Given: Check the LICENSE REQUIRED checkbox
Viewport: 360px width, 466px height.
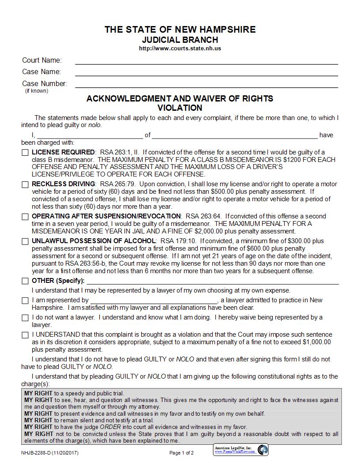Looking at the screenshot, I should (25, 153).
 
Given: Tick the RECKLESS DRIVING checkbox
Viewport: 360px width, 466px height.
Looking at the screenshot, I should (25, 184).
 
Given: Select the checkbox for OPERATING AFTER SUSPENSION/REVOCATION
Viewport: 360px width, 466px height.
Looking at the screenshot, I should (25, 217).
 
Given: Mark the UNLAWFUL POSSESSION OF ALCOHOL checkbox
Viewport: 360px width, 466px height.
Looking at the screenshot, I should (25, 241).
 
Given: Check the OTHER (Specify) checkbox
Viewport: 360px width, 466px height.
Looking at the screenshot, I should (25, 281).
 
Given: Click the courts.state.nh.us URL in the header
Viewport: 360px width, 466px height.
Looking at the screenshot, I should (180, 48).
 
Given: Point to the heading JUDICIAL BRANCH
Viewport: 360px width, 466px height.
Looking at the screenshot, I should (180, 40).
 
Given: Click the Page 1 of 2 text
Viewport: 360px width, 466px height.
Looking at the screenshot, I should (181, 453).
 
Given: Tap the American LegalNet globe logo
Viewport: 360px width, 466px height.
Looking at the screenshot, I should (262, 450).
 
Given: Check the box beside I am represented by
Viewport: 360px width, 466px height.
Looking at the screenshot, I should (25, 301).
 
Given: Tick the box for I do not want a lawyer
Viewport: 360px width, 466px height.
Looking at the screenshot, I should (25, 318).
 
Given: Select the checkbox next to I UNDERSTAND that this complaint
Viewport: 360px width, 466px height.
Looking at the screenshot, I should (25, 335).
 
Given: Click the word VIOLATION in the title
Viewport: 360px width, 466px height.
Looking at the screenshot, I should (180, 108).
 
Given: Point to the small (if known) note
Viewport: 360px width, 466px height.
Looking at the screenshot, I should (37, 91).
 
